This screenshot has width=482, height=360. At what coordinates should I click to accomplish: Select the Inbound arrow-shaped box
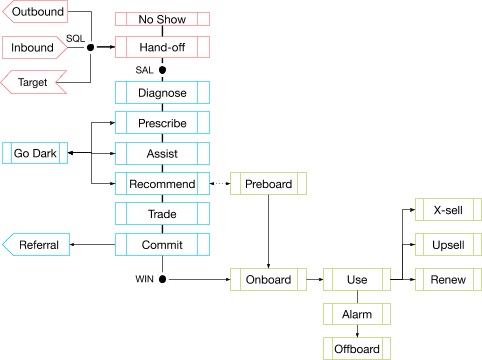point(36,47)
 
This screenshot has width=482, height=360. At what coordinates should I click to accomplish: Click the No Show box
point(162,19)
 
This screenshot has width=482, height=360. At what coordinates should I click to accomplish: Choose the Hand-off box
point(162,47)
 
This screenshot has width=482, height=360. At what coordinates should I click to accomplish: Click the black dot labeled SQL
point(91,47)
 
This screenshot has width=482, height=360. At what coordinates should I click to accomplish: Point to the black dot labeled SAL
point(162,70)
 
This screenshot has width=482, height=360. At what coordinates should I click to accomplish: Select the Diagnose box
point(162,93)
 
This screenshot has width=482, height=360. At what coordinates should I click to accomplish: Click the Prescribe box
point(162,122)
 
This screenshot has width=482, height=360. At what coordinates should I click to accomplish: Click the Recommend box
point(162,184)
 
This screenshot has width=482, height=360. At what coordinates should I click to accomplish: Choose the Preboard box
point(268,184)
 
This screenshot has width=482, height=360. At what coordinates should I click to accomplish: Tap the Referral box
point(38,245)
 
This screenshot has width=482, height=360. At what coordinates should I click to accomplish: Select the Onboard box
point(268,280)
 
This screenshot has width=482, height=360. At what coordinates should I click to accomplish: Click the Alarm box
point(357,313)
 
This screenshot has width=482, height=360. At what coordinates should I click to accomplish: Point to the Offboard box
point(357,347)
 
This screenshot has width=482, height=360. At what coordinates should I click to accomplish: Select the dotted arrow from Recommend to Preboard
point(219,184)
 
